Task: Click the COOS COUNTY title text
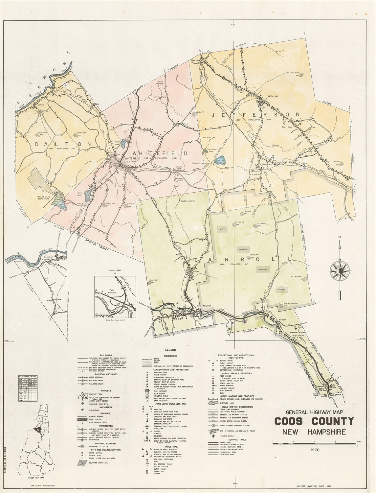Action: coord(314,421)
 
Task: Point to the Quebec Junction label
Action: coord(188,201)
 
